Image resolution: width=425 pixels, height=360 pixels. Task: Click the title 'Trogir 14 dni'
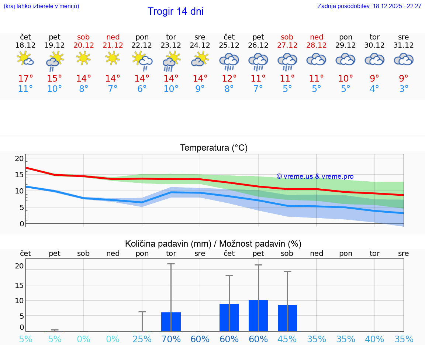click(x=175, y=11)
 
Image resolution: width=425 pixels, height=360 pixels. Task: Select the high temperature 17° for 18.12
click(x=25, y=79)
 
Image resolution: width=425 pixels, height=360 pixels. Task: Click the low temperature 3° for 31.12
click(x=404, y=89)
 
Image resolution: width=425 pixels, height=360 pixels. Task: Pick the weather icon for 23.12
click(x=171, y=61)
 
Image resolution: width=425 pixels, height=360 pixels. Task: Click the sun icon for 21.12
click(x=113, y=58)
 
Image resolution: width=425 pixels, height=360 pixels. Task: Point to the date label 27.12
click(x=287, y=45)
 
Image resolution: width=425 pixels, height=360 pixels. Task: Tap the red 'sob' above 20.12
click(x=83, y=37)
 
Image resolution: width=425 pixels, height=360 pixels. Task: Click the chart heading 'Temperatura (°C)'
click(x=214, y=148)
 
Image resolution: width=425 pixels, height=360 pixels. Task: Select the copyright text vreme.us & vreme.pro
click(x=315, y=176)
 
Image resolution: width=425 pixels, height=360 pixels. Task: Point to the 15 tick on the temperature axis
click(x=19, y=175)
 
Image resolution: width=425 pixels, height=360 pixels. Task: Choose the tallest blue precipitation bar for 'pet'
click(x=258, y=316)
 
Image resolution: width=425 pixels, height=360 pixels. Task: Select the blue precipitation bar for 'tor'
click(x=171, y=322)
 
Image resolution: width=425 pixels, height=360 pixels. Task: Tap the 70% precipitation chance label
click(x=171, y=339)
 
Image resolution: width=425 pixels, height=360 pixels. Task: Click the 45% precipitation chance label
click(x=287, y=339)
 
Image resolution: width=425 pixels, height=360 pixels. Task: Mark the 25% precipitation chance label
click(x=142, y=339)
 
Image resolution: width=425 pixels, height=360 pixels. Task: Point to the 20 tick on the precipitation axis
click(x=19, y=266)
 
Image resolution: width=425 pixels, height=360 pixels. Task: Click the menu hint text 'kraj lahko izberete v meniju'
click(x=41, y=6)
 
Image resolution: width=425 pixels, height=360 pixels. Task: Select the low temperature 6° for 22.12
click(x=142, y=89)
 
